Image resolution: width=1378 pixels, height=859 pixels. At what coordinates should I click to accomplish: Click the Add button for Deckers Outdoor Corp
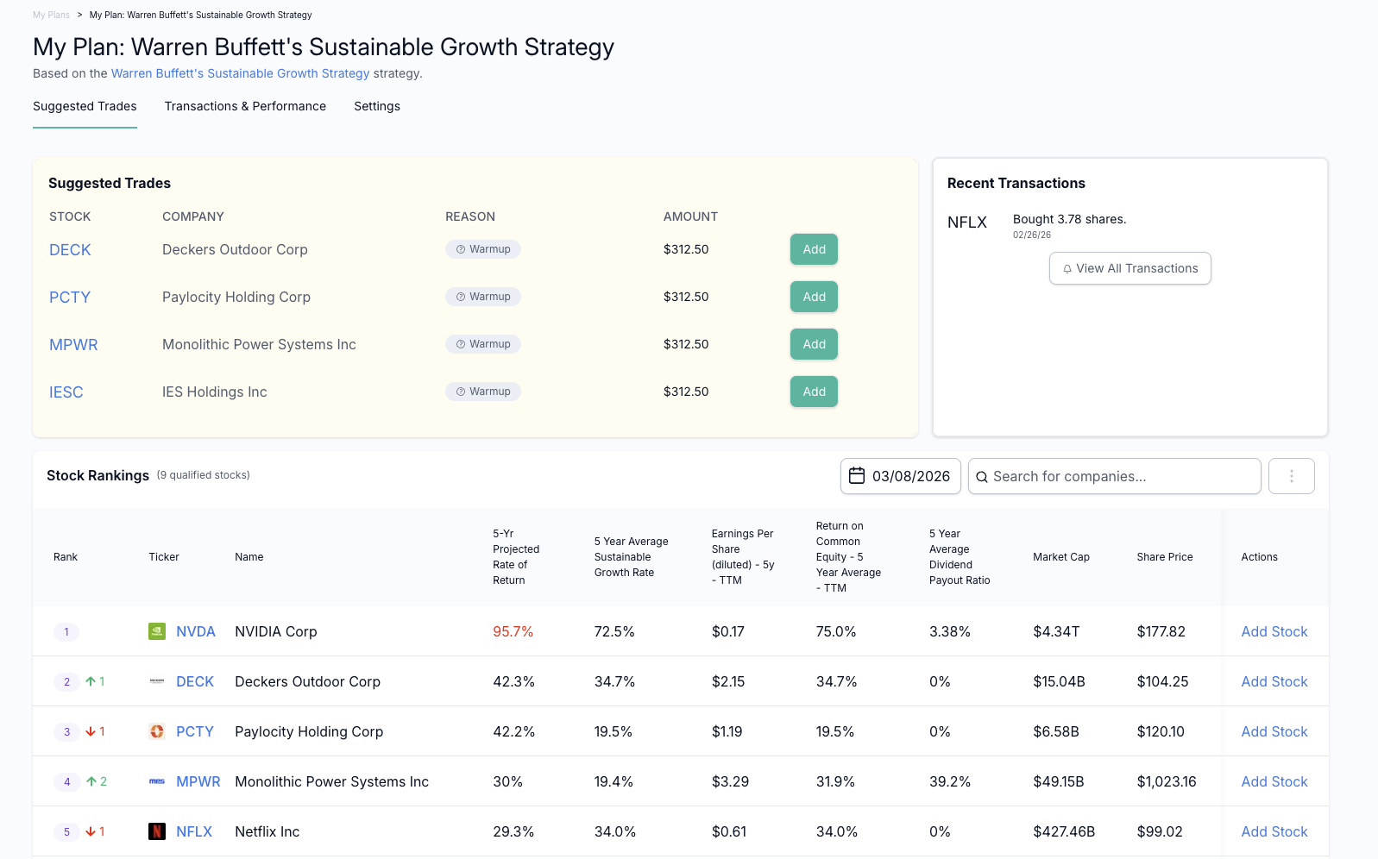click(x=814, y=249)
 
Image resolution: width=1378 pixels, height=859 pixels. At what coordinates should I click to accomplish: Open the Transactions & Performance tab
click(x=245, y=106)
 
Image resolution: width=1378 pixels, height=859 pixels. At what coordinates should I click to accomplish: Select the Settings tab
click(x=377, y=106)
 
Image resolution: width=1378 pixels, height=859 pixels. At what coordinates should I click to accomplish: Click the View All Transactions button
click(x=1129, y=268)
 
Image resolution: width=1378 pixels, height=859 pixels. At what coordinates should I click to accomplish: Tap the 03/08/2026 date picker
click(x=900, y=476)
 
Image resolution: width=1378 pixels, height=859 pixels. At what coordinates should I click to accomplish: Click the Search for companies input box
click(x=1114, y=476)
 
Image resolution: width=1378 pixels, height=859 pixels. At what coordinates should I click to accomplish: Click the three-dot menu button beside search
click(x=1291, y=476)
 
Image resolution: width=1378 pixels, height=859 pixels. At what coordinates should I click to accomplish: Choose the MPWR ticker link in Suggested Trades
click(x=73, y=344)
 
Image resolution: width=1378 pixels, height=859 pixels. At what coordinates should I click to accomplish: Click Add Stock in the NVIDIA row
click(x=1274, y=631)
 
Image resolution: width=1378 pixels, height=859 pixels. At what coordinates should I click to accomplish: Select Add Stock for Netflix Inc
click(x=1274, y=831)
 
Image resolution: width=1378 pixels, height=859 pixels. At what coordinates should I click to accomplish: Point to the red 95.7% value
click(x=513, y=631)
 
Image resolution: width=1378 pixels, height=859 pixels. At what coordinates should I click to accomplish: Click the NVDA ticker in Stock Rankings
click(x=195, y=631)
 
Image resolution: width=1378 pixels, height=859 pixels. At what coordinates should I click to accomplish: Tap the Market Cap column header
click(x=1060, y=557)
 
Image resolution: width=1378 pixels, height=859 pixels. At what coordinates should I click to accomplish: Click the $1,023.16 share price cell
click(x=1166, y=781)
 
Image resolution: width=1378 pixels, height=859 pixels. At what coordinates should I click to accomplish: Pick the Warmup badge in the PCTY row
click(x=483, y=297)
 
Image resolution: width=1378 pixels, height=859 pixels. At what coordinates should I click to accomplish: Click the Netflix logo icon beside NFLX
click(x=157, y=831)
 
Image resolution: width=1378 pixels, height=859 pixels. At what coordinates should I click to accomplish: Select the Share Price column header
click(x=1164, y=557)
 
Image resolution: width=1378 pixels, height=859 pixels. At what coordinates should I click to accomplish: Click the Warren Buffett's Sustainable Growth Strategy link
click(x=240, y=73)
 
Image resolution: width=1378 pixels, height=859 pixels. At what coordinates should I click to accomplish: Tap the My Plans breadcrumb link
click(x=51, y=15)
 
